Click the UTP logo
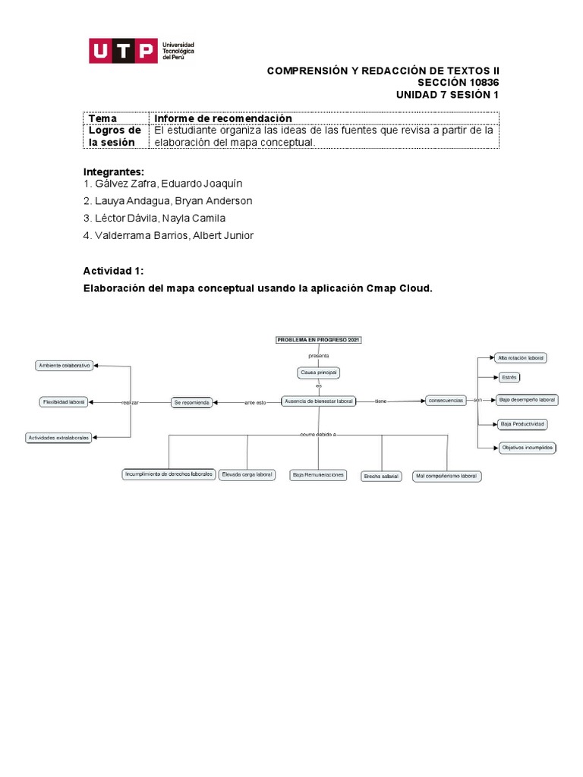(142, 52)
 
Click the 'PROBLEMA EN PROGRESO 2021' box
(318, 340)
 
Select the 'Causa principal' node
(318, 373)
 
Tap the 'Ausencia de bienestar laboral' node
(318, 401)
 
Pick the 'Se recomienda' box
(191, 401)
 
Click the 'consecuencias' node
(446, 400)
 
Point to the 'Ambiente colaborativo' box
(65, 366)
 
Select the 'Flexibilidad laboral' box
(65, 401)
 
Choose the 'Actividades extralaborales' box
(59, 438)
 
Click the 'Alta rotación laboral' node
(522, 357)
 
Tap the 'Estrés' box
(509, 377)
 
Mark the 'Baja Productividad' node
(523, 423)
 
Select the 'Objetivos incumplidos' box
(527, 448)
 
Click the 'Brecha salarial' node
(381, 476)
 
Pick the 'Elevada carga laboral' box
(247, 474)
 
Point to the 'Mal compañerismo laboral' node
(447, 476)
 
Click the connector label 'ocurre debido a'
(318, 434)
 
